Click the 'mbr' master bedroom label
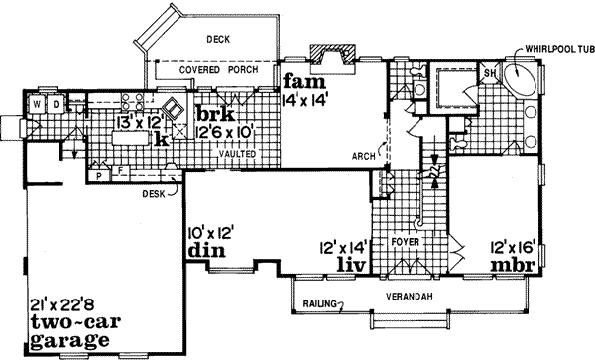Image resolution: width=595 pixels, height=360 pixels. pos(516,266)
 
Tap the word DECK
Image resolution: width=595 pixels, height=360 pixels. pos(218,40)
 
